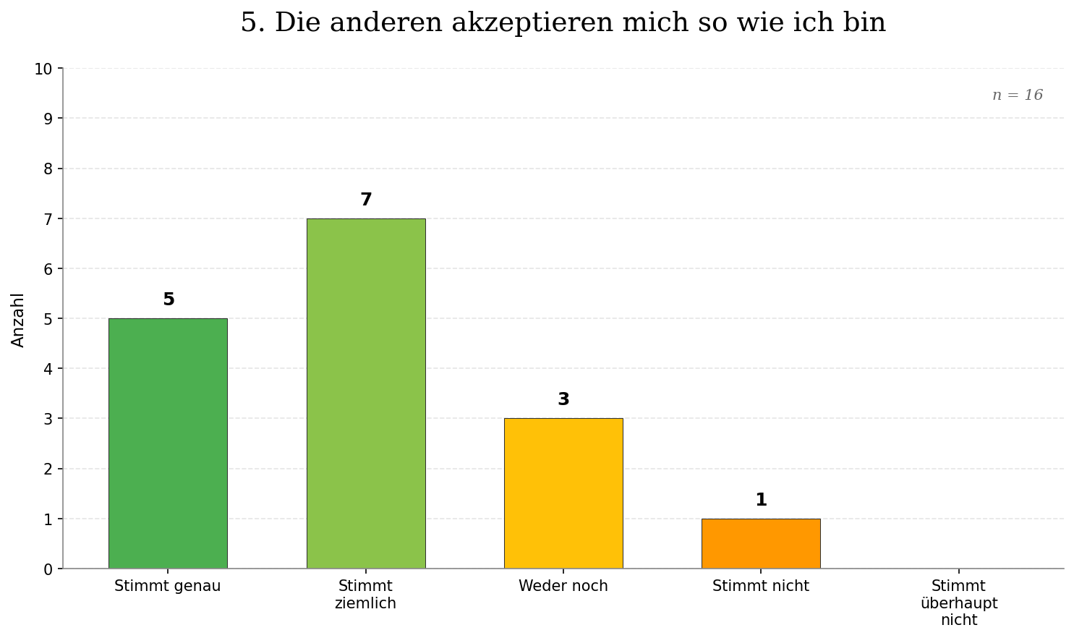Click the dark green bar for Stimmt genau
click(x=168, y=443)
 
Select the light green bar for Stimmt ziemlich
click(x=366, y=394)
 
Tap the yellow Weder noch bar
click(x=563, y=493)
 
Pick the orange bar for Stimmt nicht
click(x=761, y=543)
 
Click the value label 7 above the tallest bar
click(x=366, y=200)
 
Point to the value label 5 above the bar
click(x=169, y=299)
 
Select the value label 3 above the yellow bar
click(x=563, y=399)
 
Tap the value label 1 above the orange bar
click(x=761, y=500)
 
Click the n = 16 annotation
click(x=1017, y=95)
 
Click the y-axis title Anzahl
click(x=18, y=319)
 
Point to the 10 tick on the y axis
click(x=43, y=69)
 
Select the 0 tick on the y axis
click(x=48, y=569)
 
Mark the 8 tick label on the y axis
click(x=48, y=169)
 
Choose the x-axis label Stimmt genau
click(x=168, y=587)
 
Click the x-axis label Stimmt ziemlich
click(x=366, y=595)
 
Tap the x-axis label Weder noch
click(x=563, y=587)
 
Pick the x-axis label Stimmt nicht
click(x=761, y=587)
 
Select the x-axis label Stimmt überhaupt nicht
click(x=959, y=603)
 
